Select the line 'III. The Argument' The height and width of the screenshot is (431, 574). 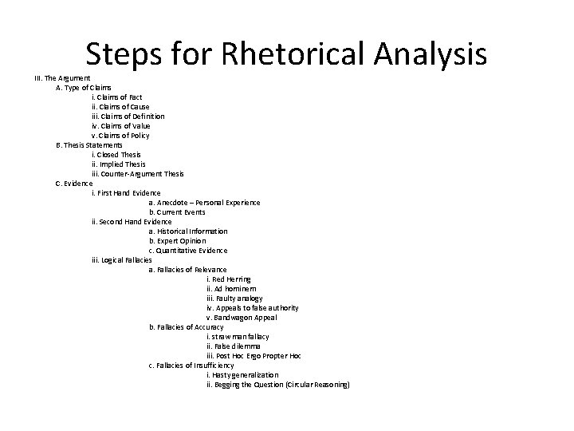point(61,77)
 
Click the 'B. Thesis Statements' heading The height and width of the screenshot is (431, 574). point(89,144)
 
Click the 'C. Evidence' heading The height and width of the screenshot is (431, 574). point(74,183)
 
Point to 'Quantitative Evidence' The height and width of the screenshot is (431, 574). point(188,250)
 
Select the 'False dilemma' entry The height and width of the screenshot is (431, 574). point(232,346)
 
